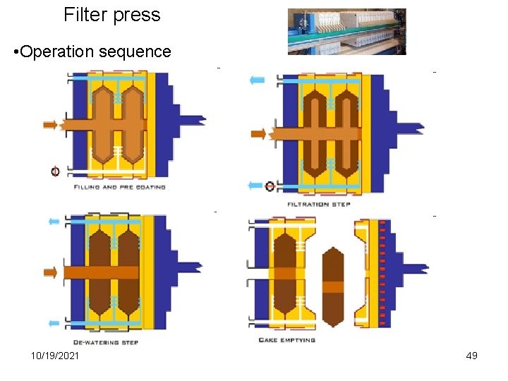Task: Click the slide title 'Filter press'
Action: coord(112,15)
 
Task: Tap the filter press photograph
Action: coord(346,32)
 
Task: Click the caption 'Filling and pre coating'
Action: coord(120,187)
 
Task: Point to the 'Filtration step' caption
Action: coord(318,204)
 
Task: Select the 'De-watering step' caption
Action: coord(106,343)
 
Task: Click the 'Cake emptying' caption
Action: coord(287,340)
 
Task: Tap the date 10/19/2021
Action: coord(55,356)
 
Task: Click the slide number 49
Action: coord(471,356)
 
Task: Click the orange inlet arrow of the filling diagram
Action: coord(49,125)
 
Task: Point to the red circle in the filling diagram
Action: coord(55,171)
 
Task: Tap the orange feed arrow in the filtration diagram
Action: coord(259,133)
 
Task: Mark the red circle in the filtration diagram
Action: coord(270,186)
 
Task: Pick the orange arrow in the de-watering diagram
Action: coord(50,272)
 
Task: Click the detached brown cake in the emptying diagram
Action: coord(332,286)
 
